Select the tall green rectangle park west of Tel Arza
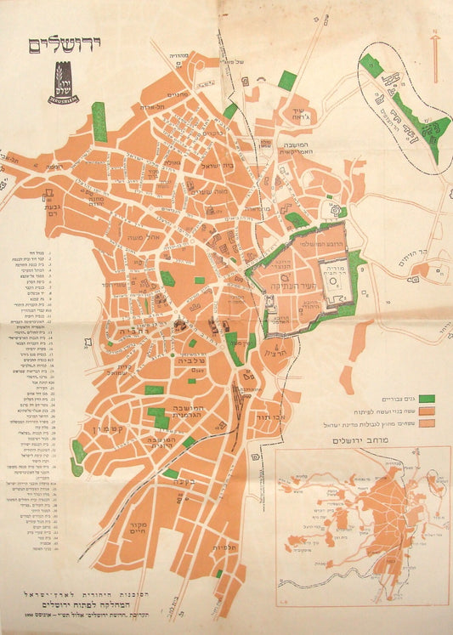pos(99,122)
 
